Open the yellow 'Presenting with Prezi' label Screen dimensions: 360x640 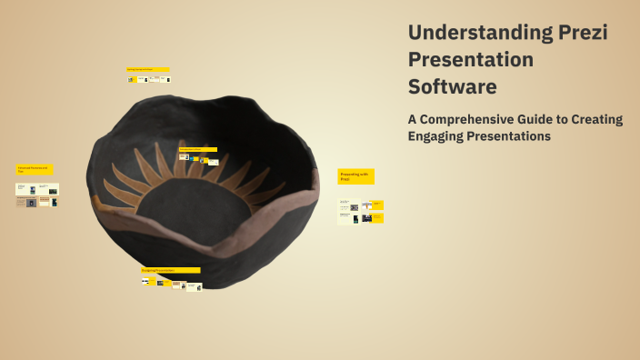click(355, 176)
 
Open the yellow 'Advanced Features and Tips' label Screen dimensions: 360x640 click(35, 169)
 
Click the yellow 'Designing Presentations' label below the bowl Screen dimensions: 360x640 click(170, 270)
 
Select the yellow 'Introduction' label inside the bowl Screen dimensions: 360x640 click(197, 149)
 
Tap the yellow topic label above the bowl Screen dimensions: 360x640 click(147, 69)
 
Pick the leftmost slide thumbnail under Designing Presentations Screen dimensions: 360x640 click(145, 281)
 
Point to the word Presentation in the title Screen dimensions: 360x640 click(471, 60)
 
